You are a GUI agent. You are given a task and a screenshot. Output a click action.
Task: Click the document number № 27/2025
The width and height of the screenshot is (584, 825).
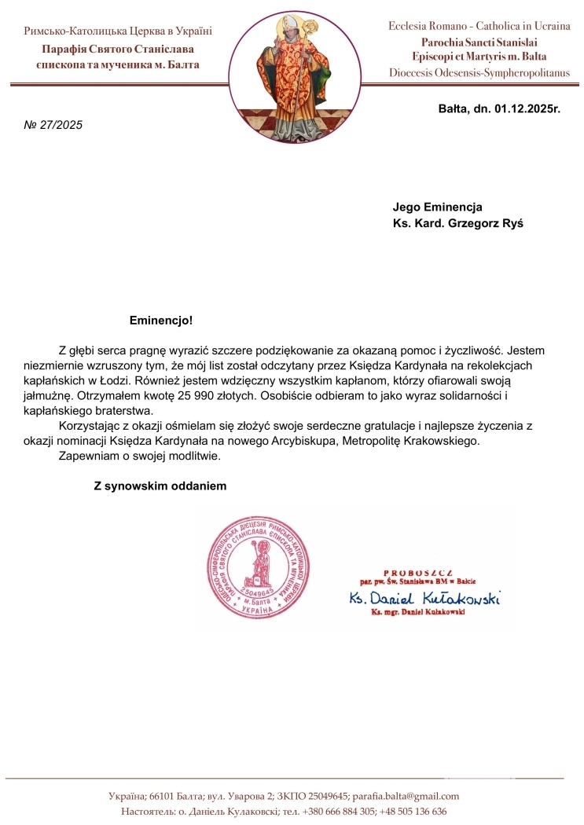53,124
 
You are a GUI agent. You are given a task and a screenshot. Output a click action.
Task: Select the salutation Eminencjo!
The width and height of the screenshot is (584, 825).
160,321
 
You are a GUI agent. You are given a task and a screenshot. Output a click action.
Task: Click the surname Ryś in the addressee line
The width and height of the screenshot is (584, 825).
512,222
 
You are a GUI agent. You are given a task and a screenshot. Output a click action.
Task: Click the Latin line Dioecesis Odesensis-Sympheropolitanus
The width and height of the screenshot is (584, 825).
479,72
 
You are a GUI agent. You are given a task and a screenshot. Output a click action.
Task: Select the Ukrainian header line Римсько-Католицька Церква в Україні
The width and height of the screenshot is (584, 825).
119,31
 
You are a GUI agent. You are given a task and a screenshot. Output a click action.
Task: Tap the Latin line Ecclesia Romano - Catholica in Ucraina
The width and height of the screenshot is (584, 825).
479,26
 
